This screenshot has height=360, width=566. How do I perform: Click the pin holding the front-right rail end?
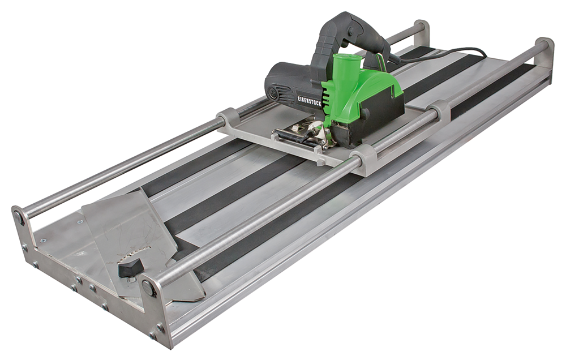click(149, 287)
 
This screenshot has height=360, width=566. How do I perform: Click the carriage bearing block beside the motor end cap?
click(229, 119)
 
